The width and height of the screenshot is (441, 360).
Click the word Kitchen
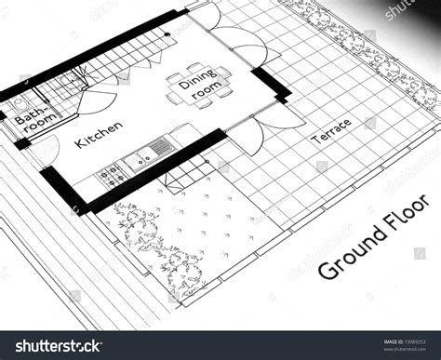pos(99,136)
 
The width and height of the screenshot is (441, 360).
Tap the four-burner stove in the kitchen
pos(112,172)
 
